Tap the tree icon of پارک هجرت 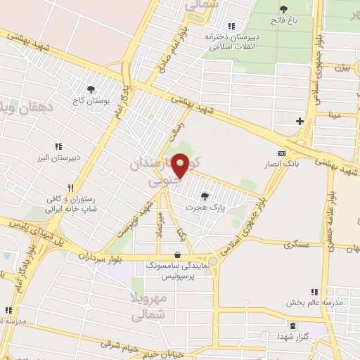tap(204, 196)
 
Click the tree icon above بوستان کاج tap(90, 89)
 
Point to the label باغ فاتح tap(286, 21)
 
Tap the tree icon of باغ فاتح tap(283, 9)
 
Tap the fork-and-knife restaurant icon tap(70, 188)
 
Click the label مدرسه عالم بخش tap(314, 303)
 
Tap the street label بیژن tap(342, 69)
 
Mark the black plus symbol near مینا tap(300, 121)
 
